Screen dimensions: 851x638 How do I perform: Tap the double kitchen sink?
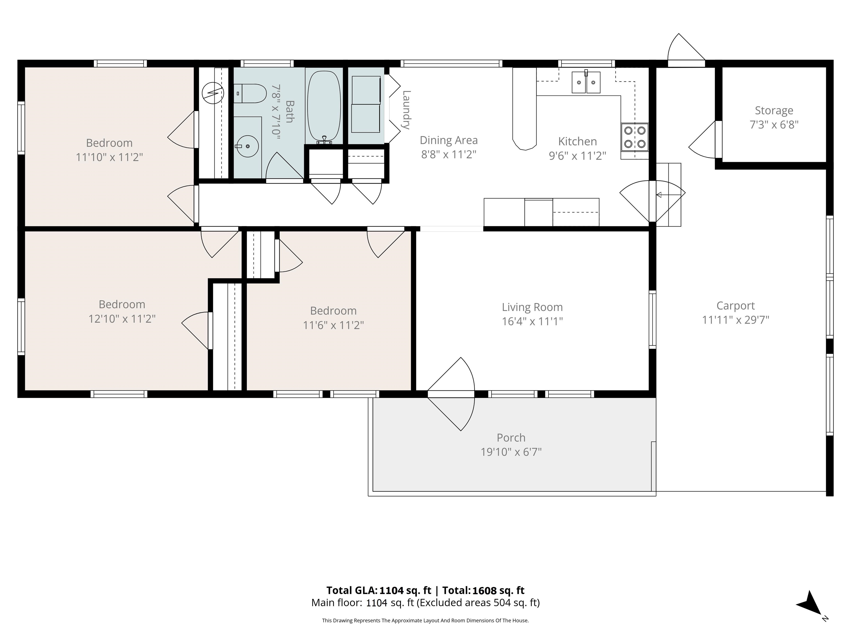[586, 82]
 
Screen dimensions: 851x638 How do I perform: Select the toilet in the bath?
[250, 93]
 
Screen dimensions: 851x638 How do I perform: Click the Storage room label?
[774, 110]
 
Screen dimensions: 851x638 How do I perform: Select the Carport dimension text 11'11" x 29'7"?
[735, 320]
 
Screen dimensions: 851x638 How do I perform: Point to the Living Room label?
[532, 307]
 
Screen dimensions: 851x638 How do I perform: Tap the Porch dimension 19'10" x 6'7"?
[511, 452]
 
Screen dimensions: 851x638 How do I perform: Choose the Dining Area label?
[448, 140]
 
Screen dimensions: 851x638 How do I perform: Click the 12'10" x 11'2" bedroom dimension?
[122, 319]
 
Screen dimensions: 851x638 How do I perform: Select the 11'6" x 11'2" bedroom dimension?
[333, 325]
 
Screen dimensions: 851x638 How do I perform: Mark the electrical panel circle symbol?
[213, 93]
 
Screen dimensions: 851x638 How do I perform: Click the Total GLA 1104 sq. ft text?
[379, 590]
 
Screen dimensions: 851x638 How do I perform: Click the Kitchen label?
[578, 142]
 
